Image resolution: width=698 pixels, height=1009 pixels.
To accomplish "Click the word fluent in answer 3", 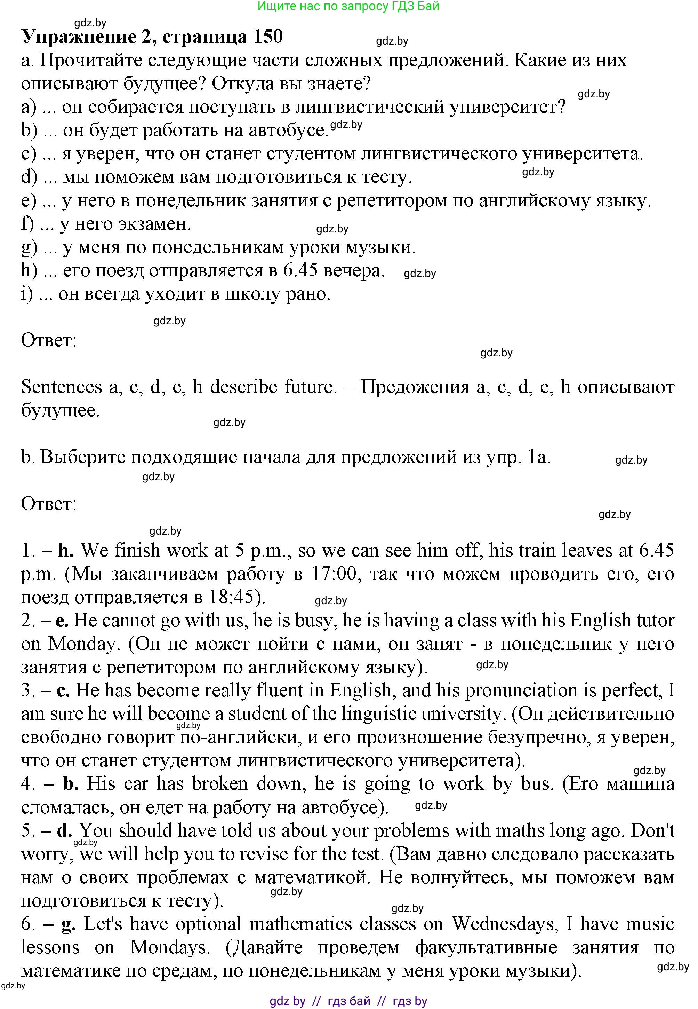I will click(x=280, y=691).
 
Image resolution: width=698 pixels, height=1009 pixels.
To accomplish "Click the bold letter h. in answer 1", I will click(x=66, y=551).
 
